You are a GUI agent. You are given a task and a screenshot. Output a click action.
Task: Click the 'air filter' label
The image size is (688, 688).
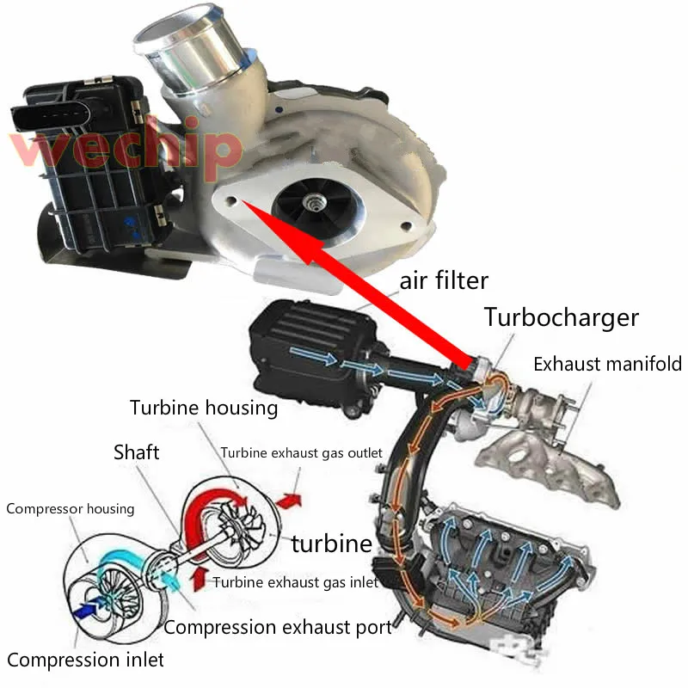(444, 280)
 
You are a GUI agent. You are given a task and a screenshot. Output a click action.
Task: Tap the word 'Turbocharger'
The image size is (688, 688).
(562, 317)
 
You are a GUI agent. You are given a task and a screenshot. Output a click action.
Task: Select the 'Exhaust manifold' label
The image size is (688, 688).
(607, 364)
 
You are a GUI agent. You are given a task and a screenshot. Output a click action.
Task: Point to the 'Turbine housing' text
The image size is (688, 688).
(204, 408)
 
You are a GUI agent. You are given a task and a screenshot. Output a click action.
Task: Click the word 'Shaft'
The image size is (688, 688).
(137, 451)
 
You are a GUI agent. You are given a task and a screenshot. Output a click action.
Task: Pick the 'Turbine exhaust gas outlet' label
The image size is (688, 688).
(300, 453)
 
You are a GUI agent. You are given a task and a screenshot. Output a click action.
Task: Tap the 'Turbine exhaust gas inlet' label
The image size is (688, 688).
(295, 582)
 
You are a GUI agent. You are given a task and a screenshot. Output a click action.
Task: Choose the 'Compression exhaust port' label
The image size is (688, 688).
(277, 627)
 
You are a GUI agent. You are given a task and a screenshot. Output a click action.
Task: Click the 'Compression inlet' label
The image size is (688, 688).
(84, 660)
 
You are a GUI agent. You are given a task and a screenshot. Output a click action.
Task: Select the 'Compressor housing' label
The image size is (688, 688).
(71, 508)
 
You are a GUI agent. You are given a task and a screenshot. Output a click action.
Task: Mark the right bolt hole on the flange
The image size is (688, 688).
(404, 226)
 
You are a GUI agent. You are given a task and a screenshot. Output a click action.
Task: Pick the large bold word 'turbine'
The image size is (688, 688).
(331, 544)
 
